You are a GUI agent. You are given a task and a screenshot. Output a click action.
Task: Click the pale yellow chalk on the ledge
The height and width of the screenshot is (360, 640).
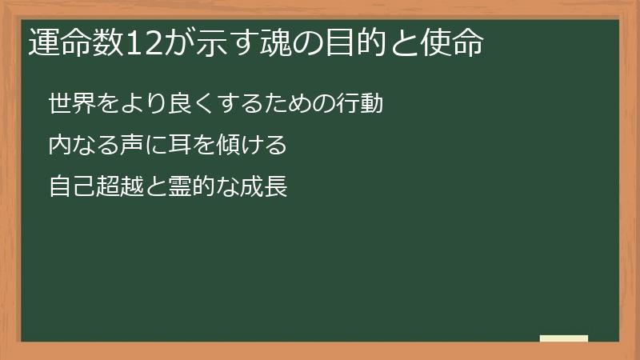(564, 338)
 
